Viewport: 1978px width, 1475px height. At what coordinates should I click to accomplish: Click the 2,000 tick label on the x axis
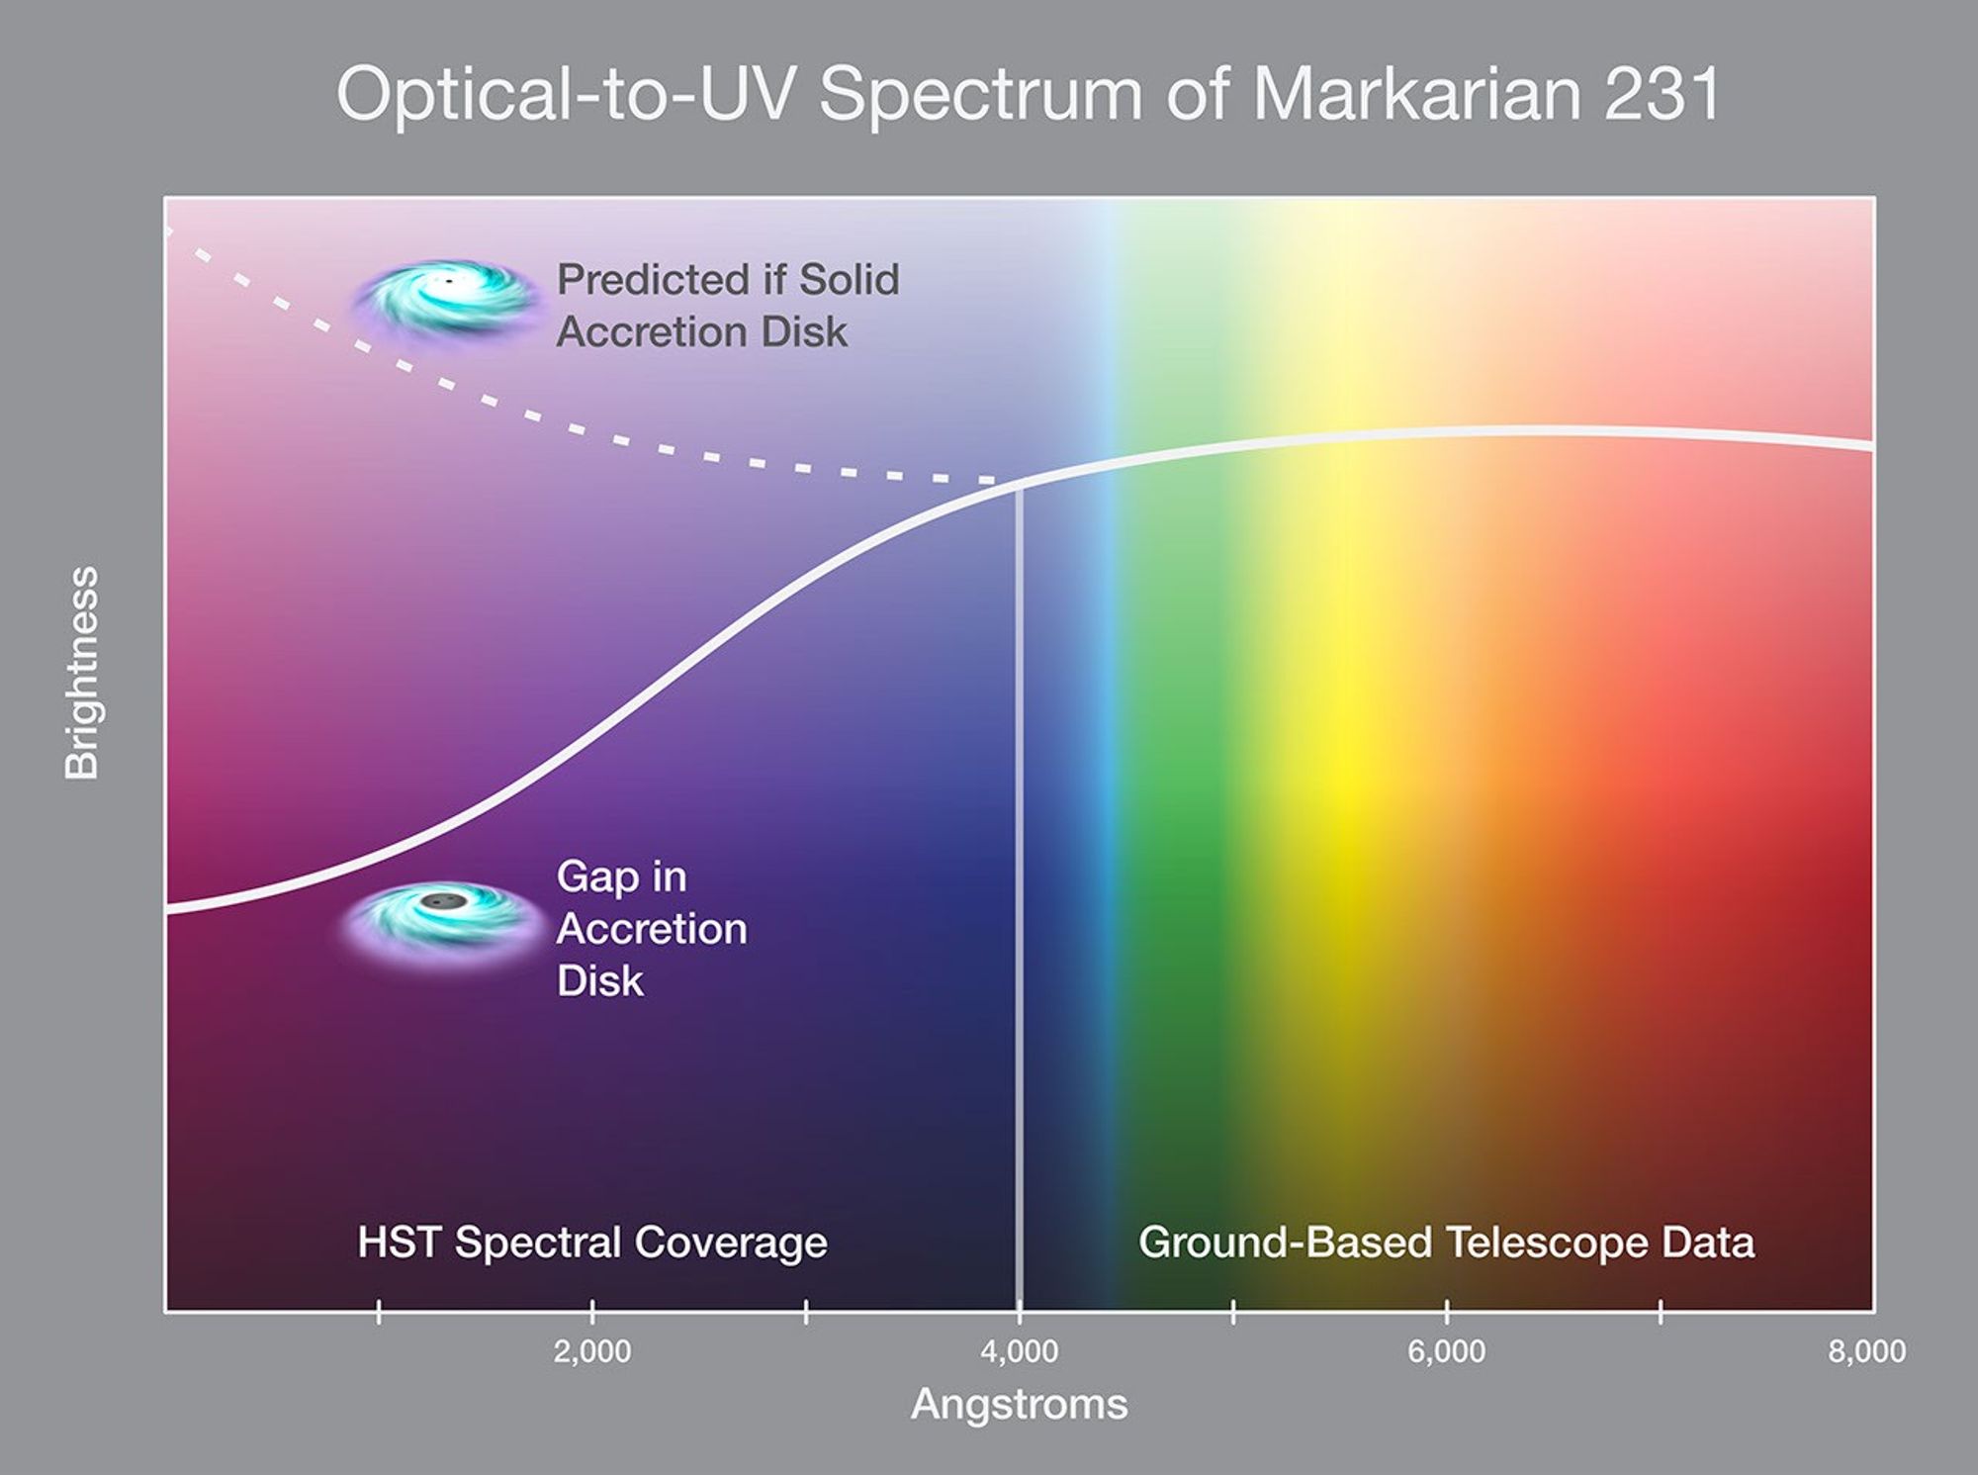[x=591, y=1351]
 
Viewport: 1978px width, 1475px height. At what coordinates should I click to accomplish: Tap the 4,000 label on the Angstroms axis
[x=1019, y=1351]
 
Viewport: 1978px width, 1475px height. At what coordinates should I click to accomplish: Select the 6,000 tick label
[x=1446, y=1351]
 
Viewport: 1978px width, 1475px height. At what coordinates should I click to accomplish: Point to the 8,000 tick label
[x=1865, y=1351]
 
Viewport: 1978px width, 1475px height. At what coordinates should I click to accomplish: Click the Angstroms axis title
[x=1019, y=1404]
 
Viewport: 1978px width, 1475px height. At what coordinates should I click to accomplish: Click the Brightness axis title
[x=82, y=673]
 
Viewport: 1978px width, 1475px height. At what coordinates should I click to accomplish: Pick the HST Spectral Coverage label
[x=591, y=1243]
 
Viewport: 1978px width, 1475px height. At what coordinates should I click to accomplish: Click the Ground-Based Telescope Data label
[x=1446, y=1243]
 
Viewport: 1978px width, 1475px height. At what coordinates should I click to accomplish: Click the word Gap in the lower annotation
[x=596, y=877]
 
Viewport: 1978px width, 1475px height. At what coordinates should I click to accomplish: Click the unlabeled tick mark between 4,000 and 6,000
[x=1232, y=1313]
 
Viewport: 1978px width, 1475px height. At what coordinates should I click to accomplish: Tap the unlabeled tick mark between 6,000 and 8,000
[x=1660, y=1313]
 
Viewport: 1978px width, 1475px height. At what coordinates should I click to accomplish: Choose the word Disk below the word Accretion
[x=599, y=981]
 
